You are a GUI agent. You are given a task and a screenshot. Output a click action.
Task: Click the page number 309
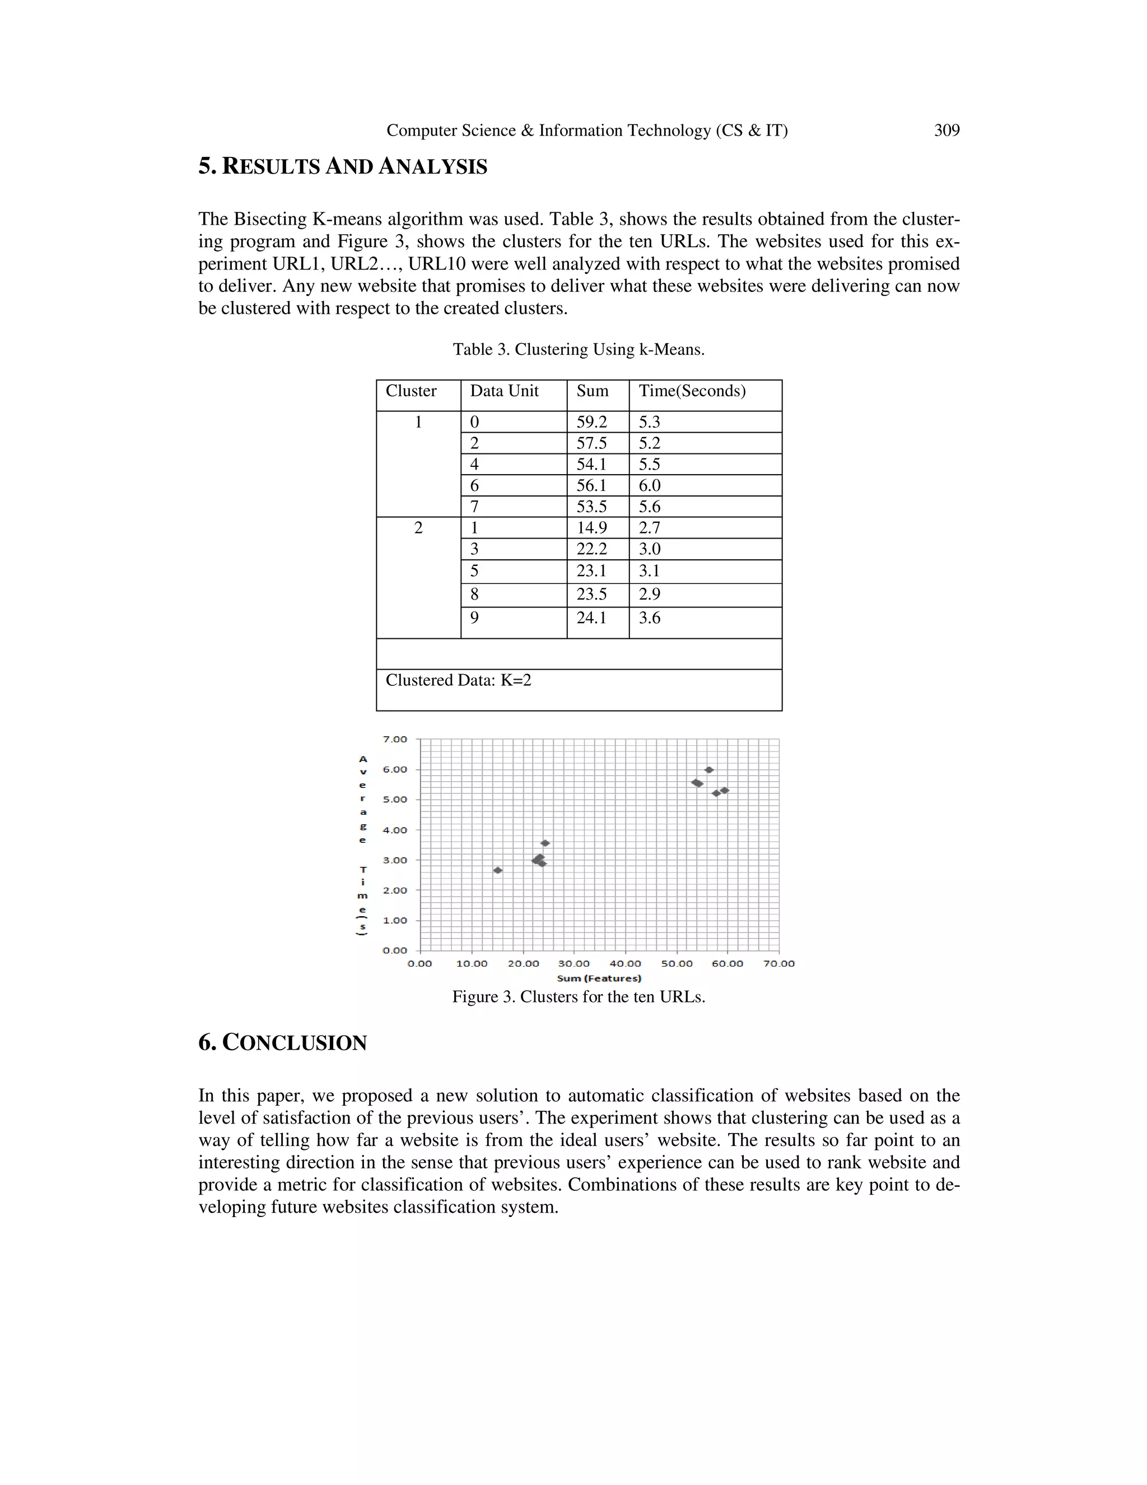(946, 131)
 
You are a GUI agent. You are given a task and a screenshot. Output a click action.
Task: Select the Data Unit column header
(504, 391)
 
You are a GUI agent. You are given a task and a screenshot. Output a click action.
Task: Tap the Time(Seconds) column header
(692, 391)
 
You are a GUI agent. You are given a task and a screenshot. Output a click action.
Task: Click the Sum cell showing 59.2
(592, 423)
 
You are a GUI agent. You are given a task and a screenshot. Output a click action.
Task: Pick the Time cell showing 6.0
(650, 485)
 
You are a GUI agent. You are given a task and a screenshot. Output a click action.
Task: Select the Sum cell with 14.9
(592, 528)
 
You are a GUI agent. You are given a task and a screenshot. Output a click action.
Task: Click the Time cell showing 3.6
(650, 618)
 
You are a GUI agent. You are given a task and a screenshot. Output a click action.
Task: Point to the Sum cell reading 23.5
(592, 594)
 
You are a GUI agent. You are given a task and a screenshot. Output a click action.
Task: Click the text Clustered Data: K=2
(459, 680)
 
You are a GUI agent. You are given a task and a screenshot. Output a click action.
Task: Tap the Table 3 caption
(578, 350)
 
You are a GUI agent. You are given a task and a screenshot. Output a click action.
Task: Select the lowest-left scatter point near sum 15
(497, 870)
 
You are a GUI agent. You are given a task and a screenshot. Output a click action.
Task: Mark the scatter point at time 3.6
(545, 843)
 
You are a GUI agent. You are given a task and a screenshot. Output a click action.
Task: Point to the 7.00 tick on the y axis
(395, 739)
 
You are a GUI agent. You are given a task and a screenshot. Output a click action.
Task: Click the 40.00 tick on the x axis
(625, 963)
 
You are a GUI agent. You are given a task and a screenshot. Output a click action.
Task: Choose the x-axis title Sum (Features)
(599, 978)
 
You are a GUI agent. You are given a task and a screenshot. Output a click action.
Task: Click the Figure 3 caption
(578, 997)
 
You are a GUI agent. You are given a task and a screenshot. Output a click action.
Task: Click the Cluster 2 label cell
(418, 528)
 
